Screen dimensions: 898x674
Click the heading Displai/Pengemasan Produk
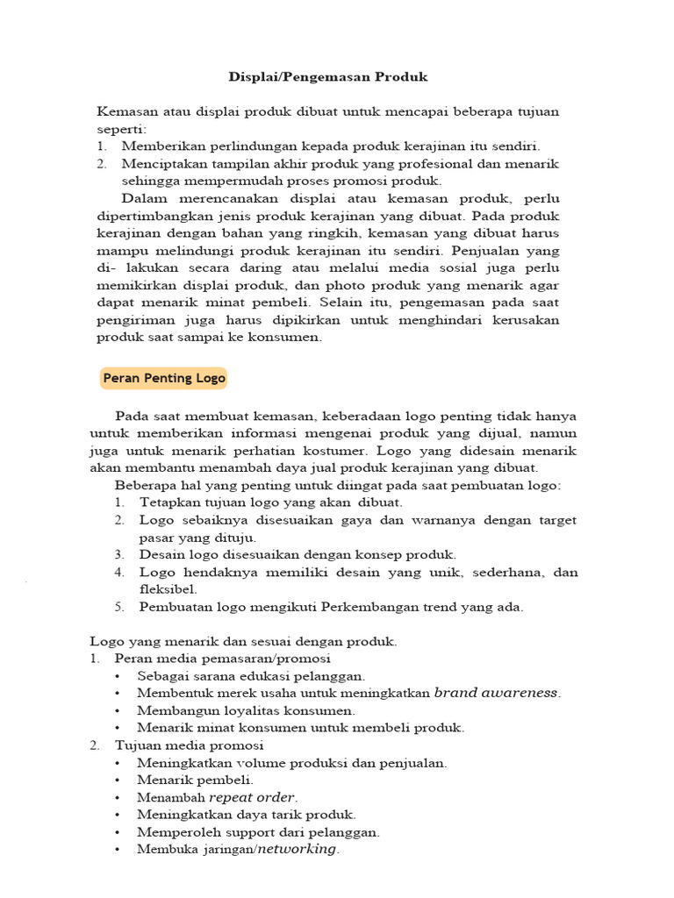(x=328, y=77)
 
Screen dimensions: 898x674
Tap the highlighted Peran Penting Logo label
(x=164, y=379)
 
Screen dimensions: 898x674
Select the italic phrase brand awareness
(x=497, y=693)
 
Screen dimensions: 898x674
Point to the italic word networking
(x=296, y=849)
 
